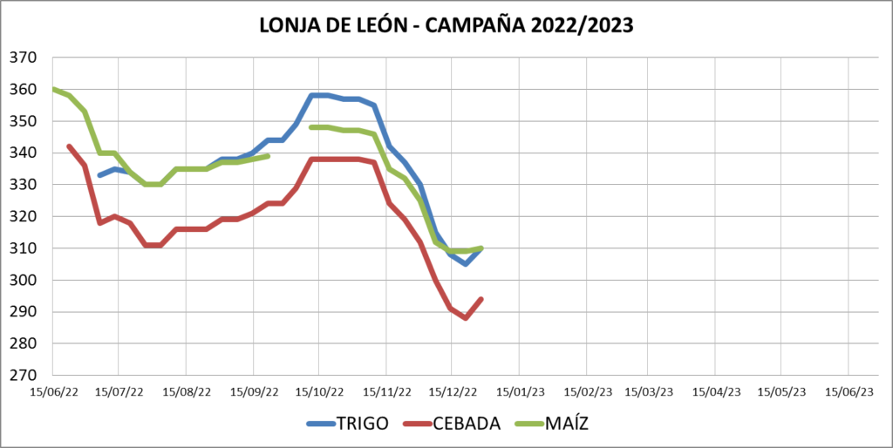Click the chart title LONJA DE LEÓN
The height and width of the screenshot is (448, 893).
coord(331,26)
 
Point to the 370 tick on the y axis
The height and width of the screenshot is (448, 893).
coord(23,58)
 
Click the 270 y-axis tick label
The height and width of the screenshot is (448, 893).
coord(23,376)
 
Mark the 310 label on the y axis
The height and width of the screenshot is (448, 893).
coord(23,248)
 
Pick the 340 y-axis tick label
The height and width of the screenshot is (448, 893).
coord(23,153)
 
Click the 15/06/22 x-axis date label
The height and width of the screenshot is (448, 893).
coord(53,392)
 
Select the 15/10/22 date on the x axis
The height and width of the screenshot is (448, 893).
coord(318,392)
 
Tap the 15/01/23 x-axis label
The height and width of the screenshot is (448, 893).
coord(519,392)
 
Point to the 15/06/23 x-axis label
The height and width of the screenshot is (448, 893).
coord(849,392)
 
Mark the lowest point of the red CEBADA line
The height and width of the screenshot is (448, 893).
coord(466,318)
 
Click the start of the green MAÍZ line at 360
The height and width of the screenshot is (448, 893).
coord(54,89)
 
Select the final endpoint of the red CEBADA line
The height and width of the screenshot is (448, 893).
coord(481,299)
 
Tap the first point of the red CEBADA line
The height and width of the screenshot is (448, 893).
coord(69,146)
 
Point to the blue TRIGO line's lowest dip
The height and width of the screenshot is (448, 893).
coord(466,263)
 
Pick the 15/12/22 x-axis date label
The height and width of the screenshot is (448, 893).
coord(452,392)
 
